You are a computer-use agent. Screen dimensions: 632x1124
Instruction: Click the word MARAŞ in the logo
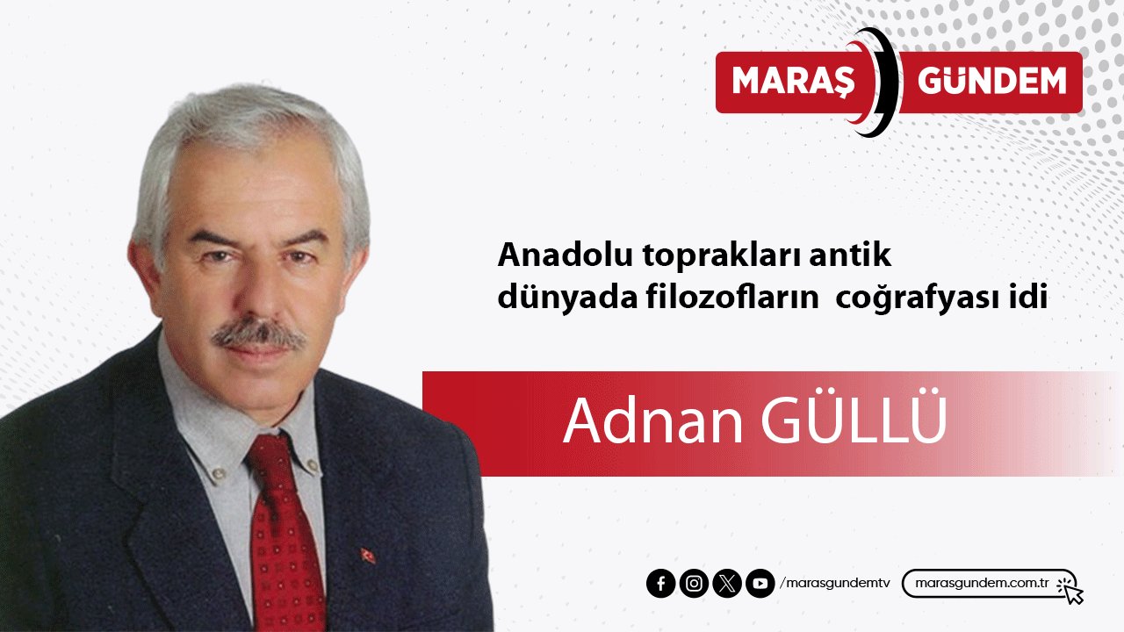(792, 82)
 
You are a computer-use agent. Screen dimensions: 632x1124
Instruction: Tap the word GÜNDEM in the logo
(991, 82)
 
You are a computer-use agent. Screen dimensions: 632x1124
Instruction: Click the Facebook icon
(660, 584)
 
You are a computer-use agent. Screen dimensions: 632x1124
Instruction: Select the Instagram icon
(694, 584)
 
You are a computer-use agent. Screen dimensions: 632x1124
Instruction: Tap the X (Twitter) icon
(727, 584)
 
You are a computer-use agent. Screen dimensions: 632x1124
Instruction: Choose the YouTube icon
(760, 584)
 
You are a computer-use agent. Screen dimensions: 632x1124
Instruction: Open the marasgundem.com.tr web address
(983, 584)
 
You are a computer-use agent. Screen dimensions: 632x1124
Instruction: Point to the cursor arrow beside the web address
(1071, 591)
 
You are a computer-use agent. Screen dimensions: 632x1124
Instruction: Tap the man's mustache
(258, 334)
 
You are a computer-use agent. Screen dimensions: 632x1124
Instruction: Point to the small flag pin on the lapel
(368, 556)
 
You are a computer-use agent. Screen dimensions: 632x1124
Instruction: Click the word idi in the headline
(1030, 298)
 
